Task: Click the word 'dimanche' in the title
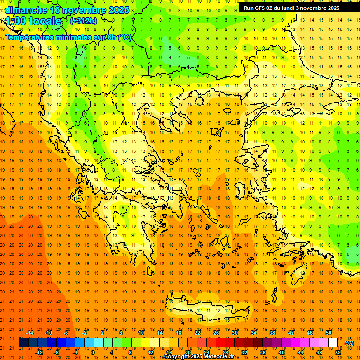point(26,10)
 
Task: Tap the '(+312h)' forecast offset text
point(83,21)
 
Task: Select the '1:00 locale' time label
point(33,21)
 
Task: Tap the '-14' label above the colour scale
point(30,332)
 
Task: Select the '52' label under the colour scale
point(338,352)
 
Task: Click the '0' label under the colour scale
point(92,352)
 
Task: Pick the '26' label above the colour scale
point(216,332)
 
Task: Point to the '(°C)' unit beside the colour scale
point(349,343)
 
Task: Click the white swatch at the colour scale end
point(333,343)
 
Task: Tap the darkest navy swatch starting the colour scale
point(23,343)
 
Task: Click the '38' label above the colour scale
point(272,332)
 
